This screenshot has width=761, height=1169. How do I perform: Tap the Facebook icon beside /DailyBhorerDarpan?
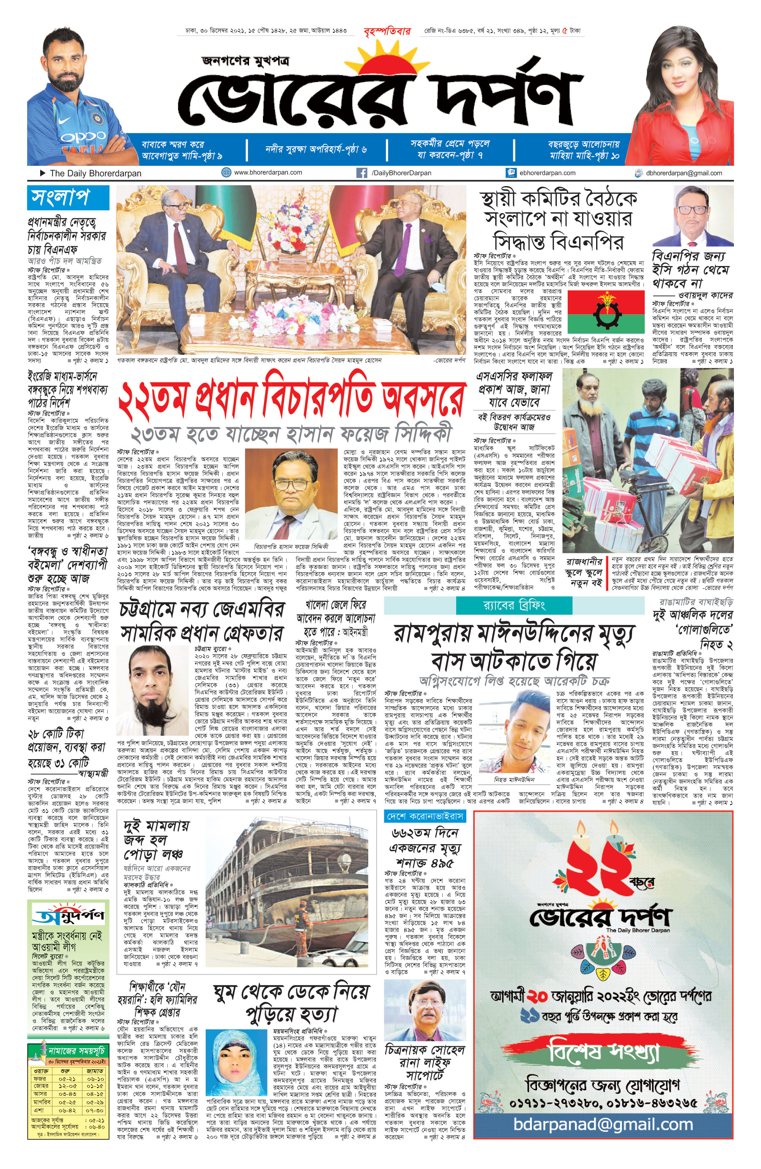click(361, 173)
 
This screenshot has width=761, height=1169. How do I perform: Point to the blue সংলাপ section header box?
click(68, 198)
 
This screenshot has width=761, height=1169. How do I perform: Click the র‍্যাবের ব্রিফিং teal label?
click(514, 605)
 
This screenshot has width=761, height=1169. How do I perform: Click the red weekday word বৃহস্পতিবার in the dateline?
click(387, 31)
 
